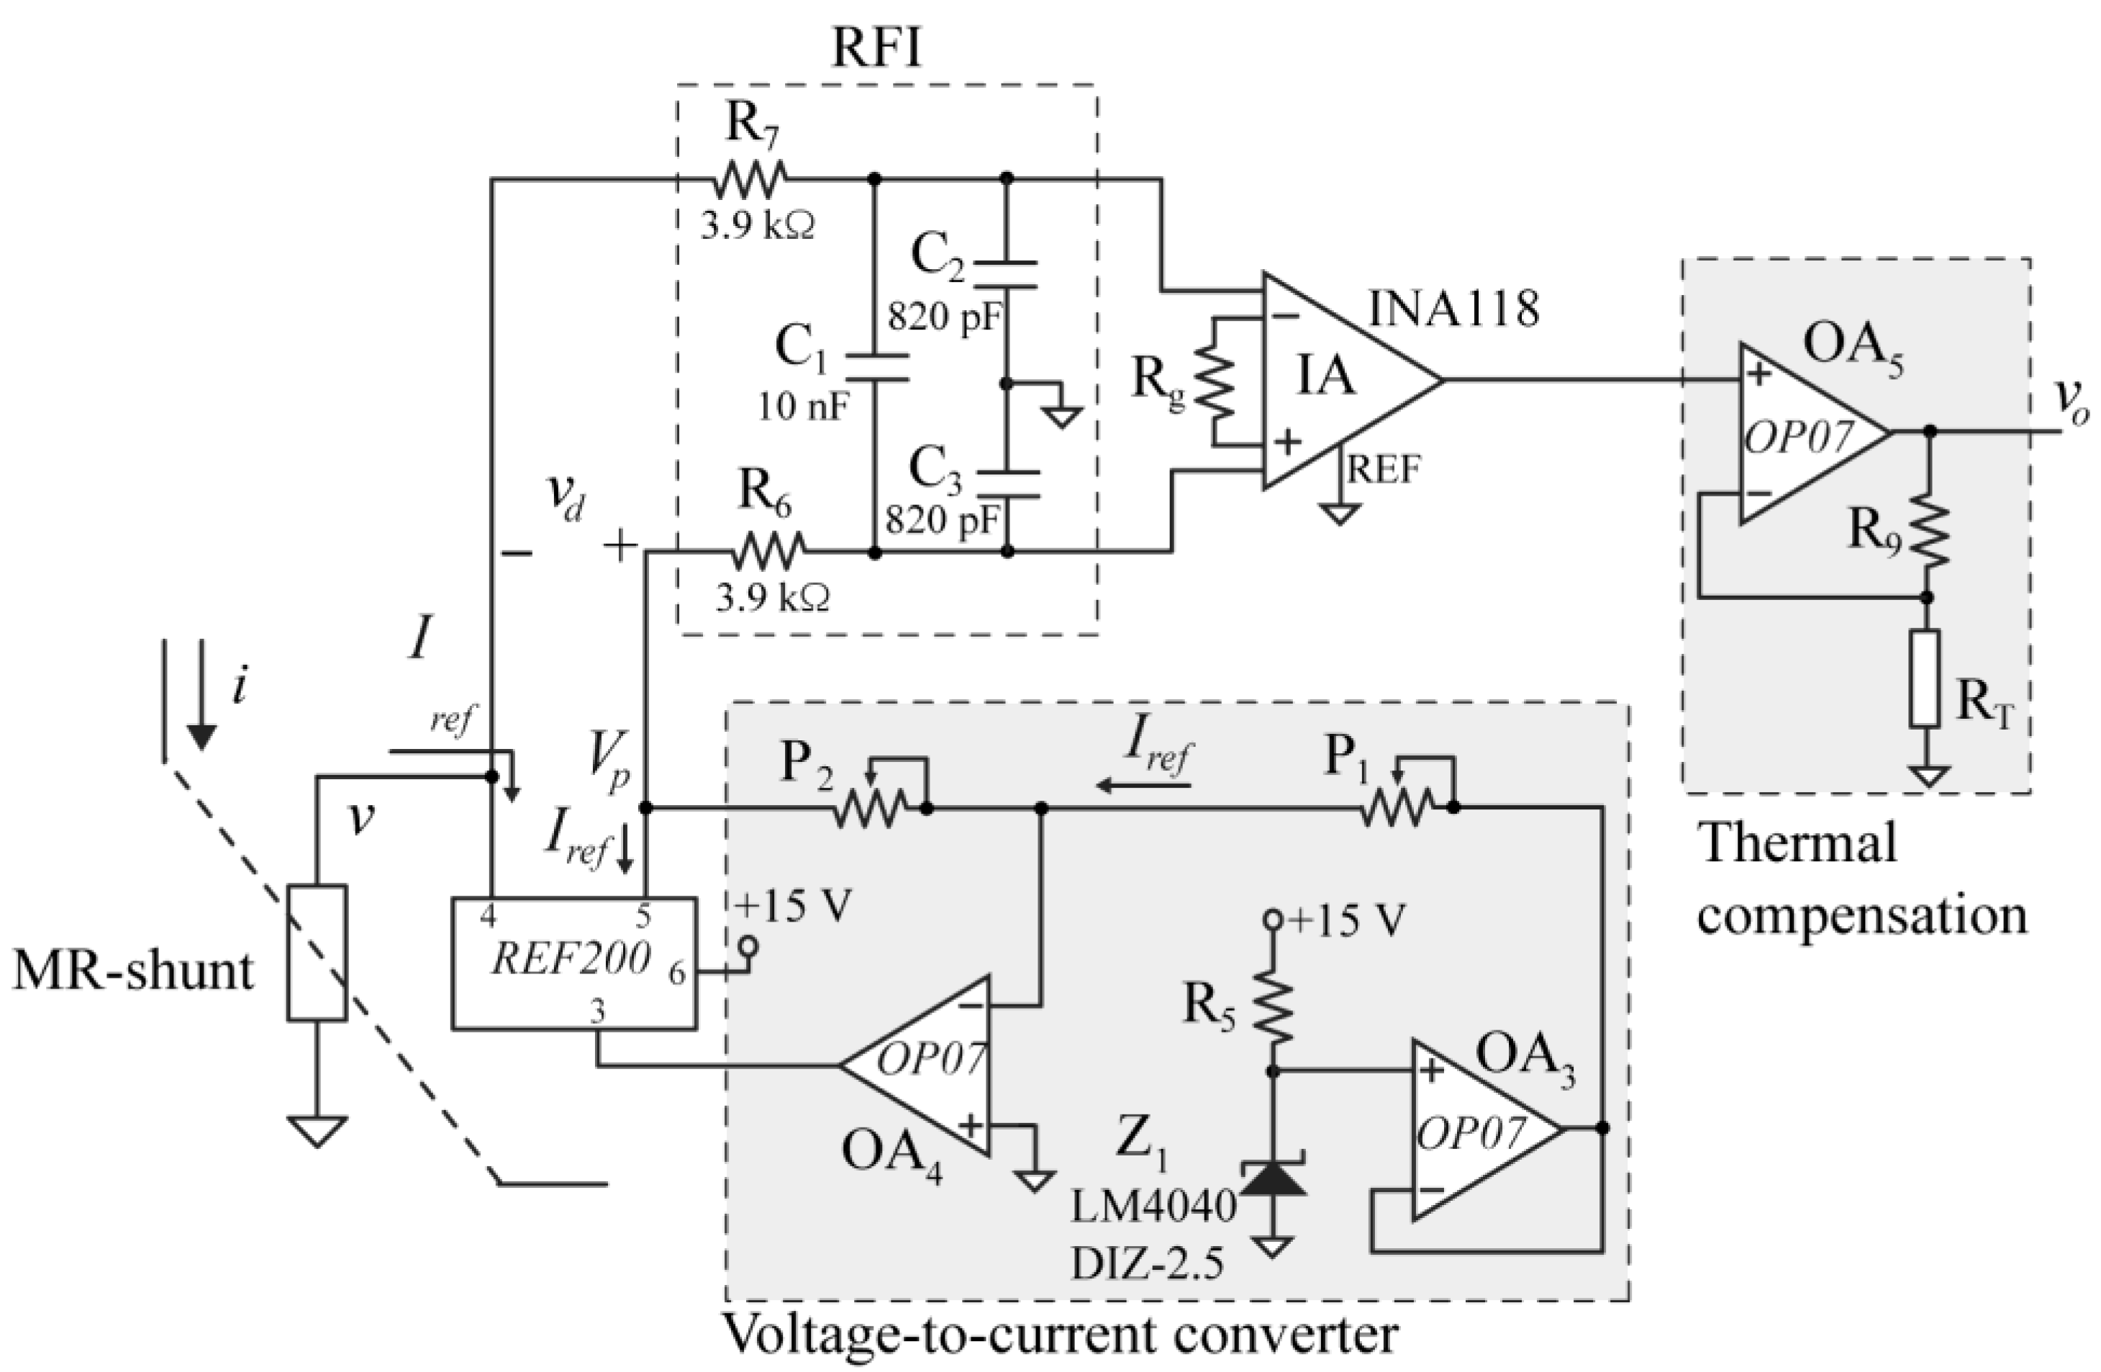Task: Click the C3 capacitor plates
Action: tap(1007, 483)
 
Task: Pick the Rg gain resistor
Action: tap(1215, 381)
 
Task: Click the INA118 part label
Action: tap(1453, 309)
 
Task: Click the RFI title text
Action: tap(876, 50)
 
